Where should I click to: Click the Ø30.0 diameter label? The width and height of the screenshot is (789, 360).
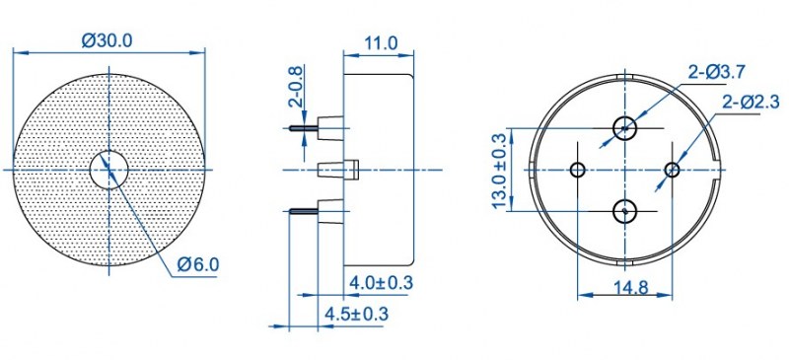108,39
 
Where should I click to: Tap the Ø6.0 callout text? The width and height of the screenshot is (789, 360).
198,264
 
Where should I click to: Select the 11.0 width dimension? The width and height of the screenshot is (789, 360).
381,42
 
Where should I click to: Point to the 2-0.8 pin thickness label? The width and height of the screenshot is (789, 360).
297,87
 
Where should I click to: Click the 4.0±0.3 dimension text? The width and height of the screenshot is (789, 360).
381,283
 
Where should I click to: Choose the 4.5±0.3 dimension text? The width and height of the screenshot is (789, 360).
357,315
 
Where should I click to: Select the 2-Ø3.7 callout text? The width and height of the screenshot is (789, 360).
717,73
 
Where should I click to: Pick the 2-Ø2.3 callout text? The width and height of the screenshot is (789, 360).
751,103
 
